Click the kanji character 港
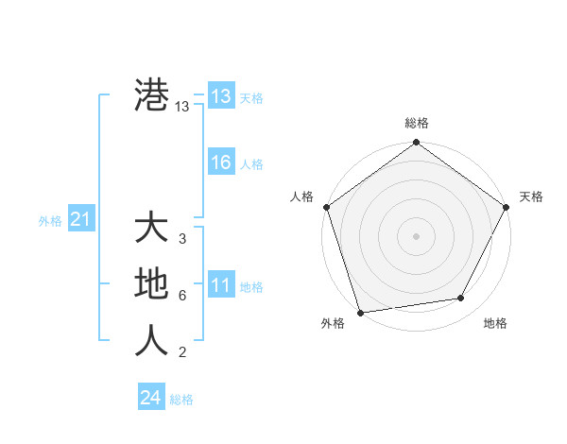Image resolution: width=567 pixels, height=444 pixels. coord(151,95)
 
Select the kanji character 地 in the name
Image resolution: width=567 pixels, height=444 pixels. coord(151,284)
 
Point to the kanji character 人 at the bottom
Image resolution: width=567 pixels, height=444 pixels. coord(151,341)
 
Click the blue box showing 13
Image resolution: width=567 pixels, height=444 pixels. coord(220,96)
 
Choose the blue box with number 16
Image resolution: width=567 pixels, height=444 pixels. coord(220,162)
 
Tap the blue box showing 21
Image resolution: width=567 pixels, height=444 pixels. coord(80,220)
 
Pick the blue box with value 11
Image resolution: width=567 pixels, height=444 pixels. coord(220,285)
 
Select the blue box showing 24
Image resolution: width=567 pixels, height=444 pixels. coord(150,398)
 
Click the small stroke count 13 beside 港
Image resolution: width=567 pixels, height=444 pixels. coord(182,108)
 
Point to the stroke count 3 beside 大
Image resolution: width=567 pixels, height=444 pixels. coord(181,239)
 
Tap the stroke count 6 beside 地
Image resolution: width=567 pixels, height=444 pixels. coord(181,296)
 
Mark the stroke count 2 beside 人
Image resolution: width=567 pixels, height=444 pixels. coord(181,352)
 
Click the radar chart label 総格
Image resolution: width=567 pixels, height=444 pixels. coord(417,123)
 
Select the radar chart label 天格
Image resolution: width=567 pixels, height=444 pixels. coord(531,196)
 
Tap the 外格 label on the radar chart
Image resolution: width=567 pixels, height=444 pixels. coord(333,323)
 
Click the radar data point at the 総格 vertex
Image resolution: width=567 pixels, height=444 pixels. coord(417,144)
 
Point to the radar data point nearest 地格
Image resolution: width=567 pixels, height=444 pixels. coord(461,299)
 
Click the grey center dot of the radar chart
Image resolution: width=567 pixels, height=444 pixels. coord(417,235)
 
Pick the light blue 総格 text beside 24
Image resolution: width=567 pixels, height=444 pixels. coord(181,400)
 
